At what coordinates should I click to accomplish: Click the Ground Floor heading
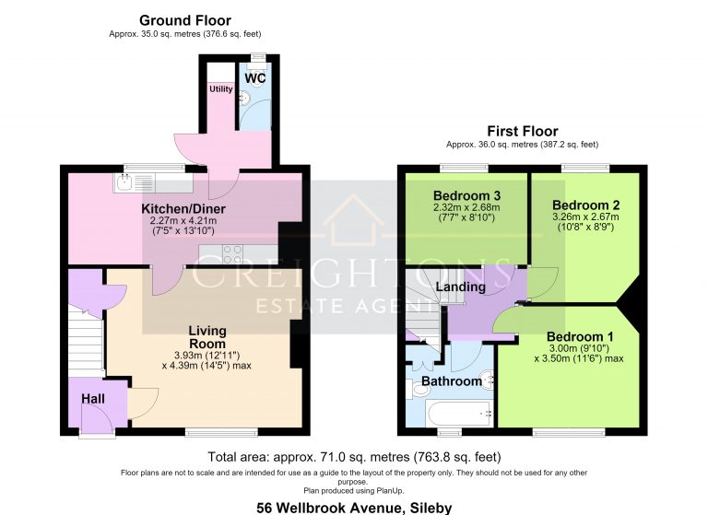coord(185,20)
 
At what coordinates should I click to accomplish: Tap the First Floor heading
coord(523,131)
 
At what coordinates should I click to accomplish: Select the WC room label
coord(255,78)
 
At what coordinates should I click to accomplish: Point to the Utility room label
coord(221,89)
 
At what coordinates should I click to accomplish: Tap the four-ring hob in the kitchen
coord(232,253)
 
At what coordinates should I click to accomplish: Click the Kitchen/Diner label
coord(183,209)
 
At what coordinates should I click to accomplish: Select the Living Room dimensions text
coord(206,360)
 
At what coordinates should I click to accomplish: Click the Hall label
coord(93,399)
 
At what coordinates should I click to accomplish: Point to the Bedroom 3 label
coord(466,196)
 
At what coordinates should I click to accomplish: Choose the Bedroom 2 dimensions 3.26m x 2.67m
coord(585,217)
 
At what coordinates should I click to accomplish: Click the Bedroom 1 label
coord(580,336)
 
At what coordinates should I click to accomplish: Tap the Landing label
coord(461,287)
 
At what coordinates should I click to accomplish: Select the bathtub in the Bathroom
coord(460,414)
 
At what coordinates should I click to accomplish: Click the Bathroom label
coord(452,381)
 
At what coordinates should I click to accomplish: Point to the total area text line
coord(354,457)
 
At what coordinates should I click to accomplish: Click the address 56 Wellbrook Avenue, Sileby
coord(354,508)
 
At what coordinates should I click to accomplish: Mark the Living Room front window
coord(221,432)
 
